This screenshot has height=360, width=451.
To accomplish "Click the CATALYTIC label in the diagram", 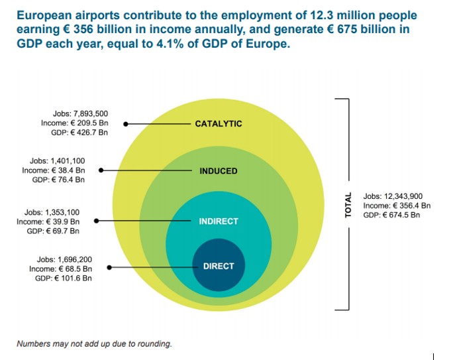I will (218, 123).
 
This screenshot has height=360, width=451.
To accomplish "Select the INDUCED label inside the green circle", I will (218, 171).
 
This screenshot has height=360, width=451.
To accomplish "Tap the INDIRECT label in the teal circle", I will (218, 221).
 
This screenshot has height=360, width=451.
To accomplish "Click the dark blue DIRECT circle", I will (218, 266).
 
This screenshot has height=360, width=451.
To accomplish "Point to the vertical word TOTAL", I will (348, 206).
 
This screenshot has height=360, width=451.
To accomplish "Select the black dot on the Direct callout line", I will (109, 267).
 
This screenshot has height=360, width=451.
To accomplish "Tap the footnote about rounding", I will (94, 344).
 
